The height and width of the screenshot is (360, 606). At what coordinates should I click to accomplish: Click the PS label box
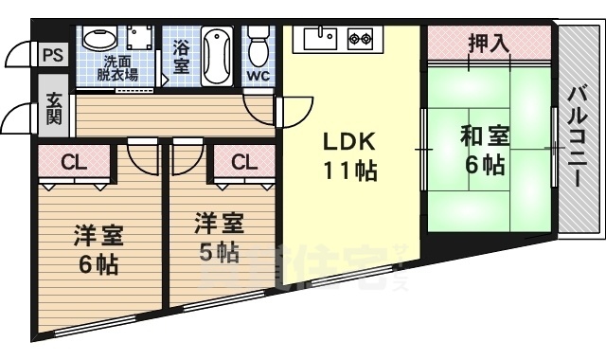(x=52, y=55)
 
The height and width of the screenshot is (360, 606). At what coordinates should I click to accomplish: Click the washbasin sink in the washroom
(x=97, y=40)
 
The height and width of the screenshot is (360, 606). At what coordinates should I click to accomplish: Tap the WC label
(x=258, y=75)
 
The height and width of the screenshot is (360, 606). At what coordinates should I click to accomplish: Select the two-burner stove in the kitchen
(x=360, y=40)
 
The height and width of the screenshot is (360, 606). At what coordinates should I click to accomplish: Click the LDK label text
(x=350, y=143)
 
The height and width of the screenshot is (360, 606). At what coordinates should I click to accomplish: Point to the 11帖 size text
(x=350, y=171)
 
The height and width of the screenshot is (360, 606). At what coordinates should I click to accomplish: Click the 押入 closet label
(x=488, y=43)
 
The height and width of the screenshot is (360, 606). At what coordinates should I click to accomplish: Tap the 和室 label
(x=485, y=135)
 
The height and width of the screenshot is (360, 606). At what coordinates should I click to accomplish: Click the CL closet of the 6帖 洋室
(x=74, y=163)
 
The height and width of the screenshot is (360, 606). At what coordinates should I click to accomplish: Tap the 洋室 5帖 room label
(x=219, y=237)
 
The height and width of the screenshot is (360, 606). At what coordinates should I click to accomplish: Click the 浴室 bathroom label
(x=181, y=54)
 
